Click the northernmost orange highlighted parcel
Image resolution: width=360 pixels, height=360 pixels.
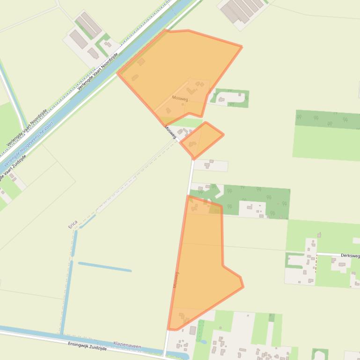click(x=178, y=70)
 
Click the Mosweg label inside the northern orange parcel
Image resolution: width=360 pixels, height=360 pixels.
click(x=180, y=99)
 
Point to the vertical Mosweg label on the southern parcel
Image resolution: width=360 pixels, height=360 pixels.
click(x=176, y=279)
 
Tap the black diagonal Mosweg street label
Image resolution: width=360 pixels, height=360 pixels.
click(x=171, y=132)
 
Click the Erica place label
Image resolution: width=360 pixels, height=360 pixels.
click(x=73, y=224)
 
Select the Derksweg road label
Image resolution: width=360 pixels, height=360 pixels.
click(x=350, y=256)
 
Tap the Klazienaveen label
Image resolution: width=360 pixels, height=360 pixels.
click(x=127, y=346)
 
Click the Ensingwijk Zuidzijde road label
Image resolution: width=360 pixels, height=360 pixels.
click(x=87, y=346)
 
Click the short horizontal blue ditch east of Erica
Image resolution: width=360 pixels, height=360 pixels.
click(x=104, y=267)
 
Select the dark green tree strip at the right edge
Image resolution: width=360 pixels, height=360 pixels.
click(x=328, y=120)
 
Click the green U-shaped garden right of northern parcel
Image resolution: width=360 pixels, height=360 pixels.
click(x=229, y=98)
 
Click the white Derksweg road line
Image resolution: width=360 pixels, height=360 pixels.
click(x=328, y=254)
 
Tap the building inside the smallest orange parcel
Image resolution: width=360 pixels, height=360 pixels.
click(x=192, y=144)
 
